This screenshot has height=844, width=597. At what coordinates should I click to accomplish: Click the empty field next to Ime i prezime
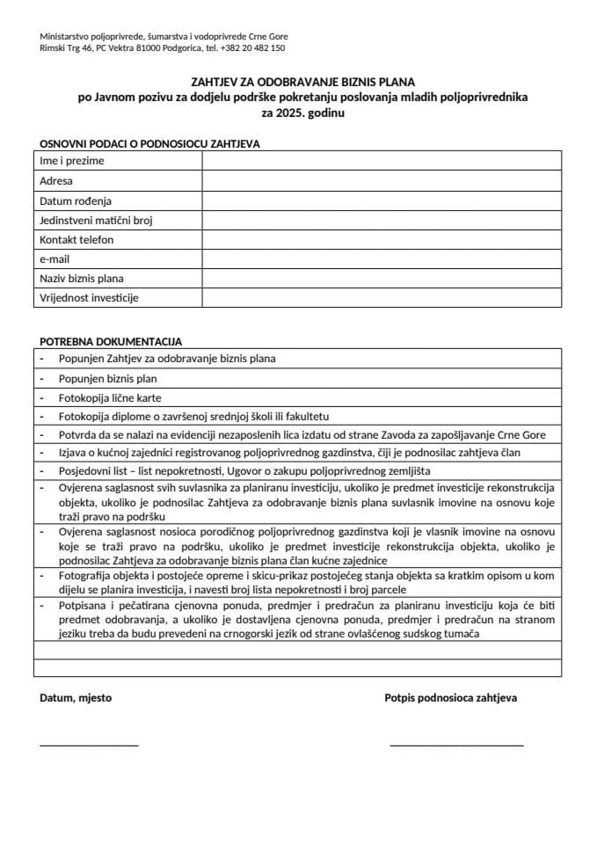click(x=382, y=161)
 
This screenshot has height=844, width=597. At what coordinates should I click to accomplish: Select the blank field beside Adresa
click(x=382, y=181)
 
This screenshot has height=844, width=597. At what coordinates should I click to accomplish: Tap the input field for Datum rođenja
click(x=382, y=200)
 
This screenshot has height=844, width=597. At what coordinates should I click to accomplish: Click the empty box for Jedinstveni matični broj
click(x=382, y=220)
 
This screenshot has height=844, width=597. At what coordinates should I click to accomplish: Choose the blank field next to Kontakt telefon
click(x=382, y=239)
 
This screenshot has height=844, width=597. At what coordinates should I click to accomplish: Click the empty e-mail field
click(x=382, y=258)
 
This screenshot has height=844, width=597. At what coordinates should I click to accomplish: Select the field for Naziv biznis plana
click(x=382, y=278)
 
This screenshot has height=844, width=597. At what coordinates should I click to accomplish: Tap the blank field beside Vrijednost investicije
click(x=382, y=297)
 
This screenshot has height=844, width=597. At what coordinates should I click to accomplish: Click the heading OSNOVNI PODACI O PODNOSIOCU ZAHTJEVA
click(x=149, y=143)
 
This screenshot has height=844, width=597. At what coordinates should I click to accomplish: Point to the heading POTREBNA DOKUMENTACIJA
click(x=111, y=341)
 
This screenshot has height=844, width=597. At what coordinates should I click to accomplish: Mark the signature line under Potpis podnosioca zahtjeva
click(x=456, y=745)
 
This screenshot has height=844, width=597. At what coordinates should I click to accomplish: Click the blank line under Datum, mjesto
click(x=89, y=745)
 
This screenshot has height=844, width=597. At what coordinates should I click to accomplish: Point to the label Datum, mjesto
click(x=76, y=698)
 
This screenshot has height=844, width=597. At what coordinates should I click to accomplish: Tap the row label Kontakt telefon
click(x=77, y=239)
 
